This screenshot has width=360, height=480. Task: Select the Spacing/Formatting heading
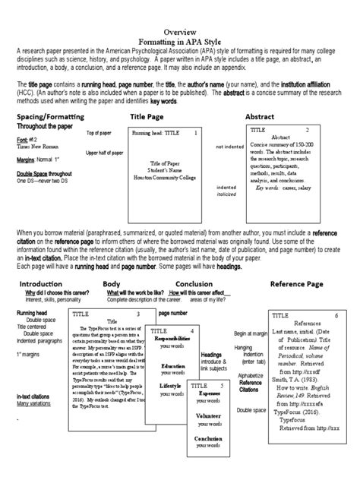click(49, 117)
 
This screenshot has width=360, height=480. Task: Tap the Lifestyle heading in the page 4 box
click(170, 386)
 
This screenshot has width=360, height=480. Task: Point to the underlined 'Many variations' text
click(36, 403)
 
